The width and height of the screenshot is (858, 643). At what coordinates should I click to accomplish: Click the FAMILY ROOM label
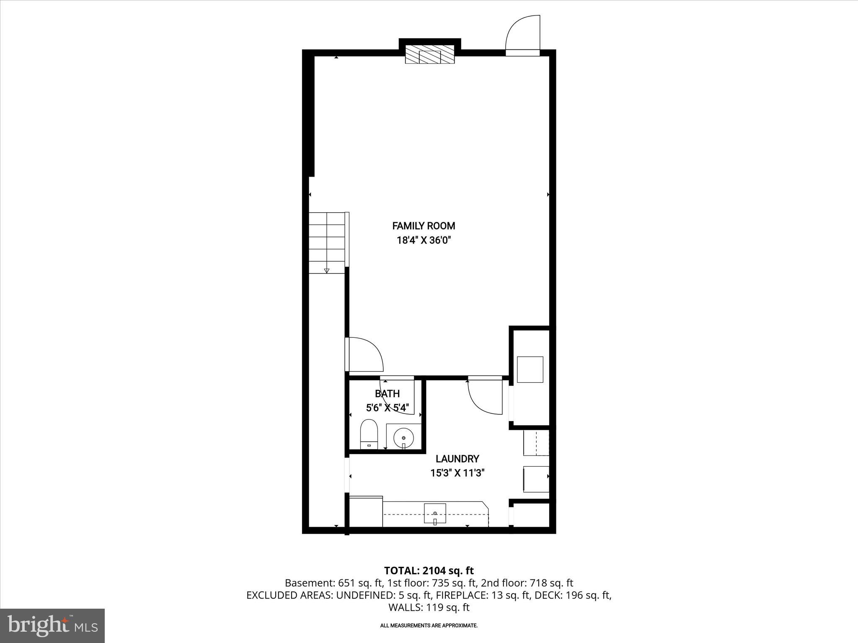[x=424, y=226]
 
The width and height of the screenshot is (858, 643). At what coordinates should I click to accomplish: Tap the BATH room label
[x=387, y=394]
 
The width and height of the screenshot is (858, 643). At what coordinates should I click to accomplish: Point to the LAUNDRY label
[x=457, y=459]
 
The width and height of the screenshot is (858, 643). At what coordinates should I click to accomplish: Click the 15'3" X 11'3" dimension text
[x=457, y=473]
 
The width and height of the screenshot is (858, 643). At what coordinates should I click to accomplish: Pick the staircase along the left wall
[x=327, y=243]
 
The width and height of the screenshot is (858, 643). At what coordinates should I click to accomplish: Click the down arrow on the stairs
[x=327, y=270]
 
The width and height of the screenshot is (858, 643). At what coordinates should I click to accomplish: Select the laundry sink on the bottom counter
[x=435, y=513]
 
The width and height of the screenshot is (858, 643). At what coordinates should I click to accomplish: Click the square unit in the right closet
[x=530, y=369]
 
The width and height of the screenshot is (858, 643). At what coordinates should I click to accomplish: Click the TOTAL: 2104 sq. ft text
[x=429, y=571]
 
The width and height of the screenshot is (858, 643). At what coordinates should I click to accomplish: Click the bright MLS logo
[x=52, y=626]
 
